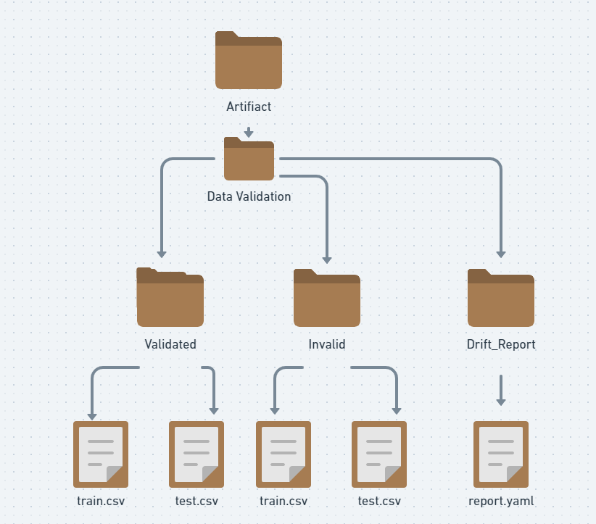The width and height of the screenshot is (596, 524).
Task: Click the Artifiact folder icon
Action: pos(249,61)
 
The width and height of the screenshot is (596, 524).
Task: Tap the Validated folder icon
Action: pos(170,298)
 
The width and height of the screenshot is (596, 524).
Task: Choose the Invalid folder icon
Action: pos(327,298)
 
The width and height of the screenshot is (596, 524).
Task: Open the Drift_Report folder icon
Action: pos(501,298)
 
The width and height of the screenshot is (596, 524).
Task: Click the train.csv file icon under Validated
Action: pos(101,454)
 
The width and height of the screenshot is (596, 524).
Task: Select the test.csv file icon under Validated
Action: pos(196,454)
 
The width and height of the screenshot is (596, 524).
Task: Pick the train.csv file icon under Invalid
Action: pos(283,454)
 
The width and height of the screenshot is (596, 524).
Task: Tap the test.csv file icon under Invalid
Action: pos(379,454)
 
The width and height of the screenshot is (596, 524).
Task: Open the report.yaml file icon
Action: pos(501,454)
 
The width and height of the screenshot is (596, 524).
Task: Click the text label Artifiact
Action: pos(249,107)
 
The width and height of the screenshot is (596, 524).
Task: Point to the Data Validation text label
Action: pos(249,196)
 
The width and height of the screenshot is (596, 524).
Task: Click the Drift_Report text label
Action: pos(501,344)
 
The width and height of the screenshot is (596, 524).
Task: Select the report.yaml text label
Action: pos(501,501)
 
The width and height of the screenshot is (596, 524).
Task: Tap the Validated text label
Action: pos(170,344)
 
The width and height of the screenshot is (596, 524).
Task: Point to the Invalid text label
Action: pos(327,344)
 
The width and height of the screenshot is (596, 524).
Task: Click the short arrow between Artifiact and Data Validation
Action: pos(249,133)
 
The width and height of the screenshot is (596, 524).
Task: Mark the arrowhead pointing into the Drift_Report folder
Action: pos(501,254)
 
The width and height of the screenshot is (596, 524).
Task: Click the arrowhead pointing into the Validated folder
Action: pos(162,254)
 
